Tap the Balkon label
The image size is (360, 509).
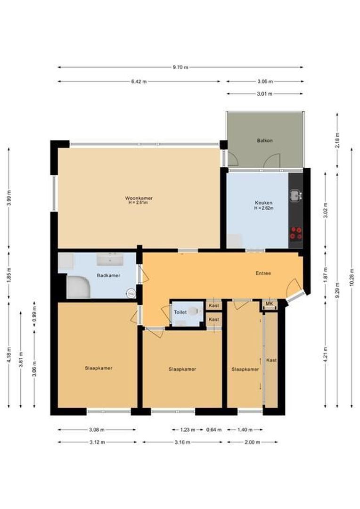pyautogui.click(x=265, y=141)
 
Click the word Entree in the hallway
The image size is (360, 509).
pyautogui.click(x=263, y=273)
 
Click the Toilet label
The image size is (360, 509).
pyautogui.click(x=180, y=312)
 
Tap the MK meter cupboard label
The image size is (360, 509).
pyautogui.click(x=269, y=304)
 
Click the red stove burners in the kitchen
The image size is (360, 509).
pyautogui.click(x=296, y=232)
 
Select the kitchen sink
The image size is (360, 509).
pyautogui.click(x=295, y=195)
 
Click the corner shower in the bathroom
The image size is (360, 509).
pyautogui.click(x=78, y=287)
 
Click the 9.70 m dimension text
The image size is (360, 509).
pyautogui.click(x=180, y=67)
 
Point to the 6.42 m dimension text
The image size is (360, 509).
pyautogui.click(x=139, y=82)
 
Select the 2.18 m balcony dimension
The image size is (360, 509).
pyautogui.click(x=337, y=140)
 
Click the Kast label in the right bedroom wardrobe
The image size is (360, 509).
pyautogui.click(x=271, y=360)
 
